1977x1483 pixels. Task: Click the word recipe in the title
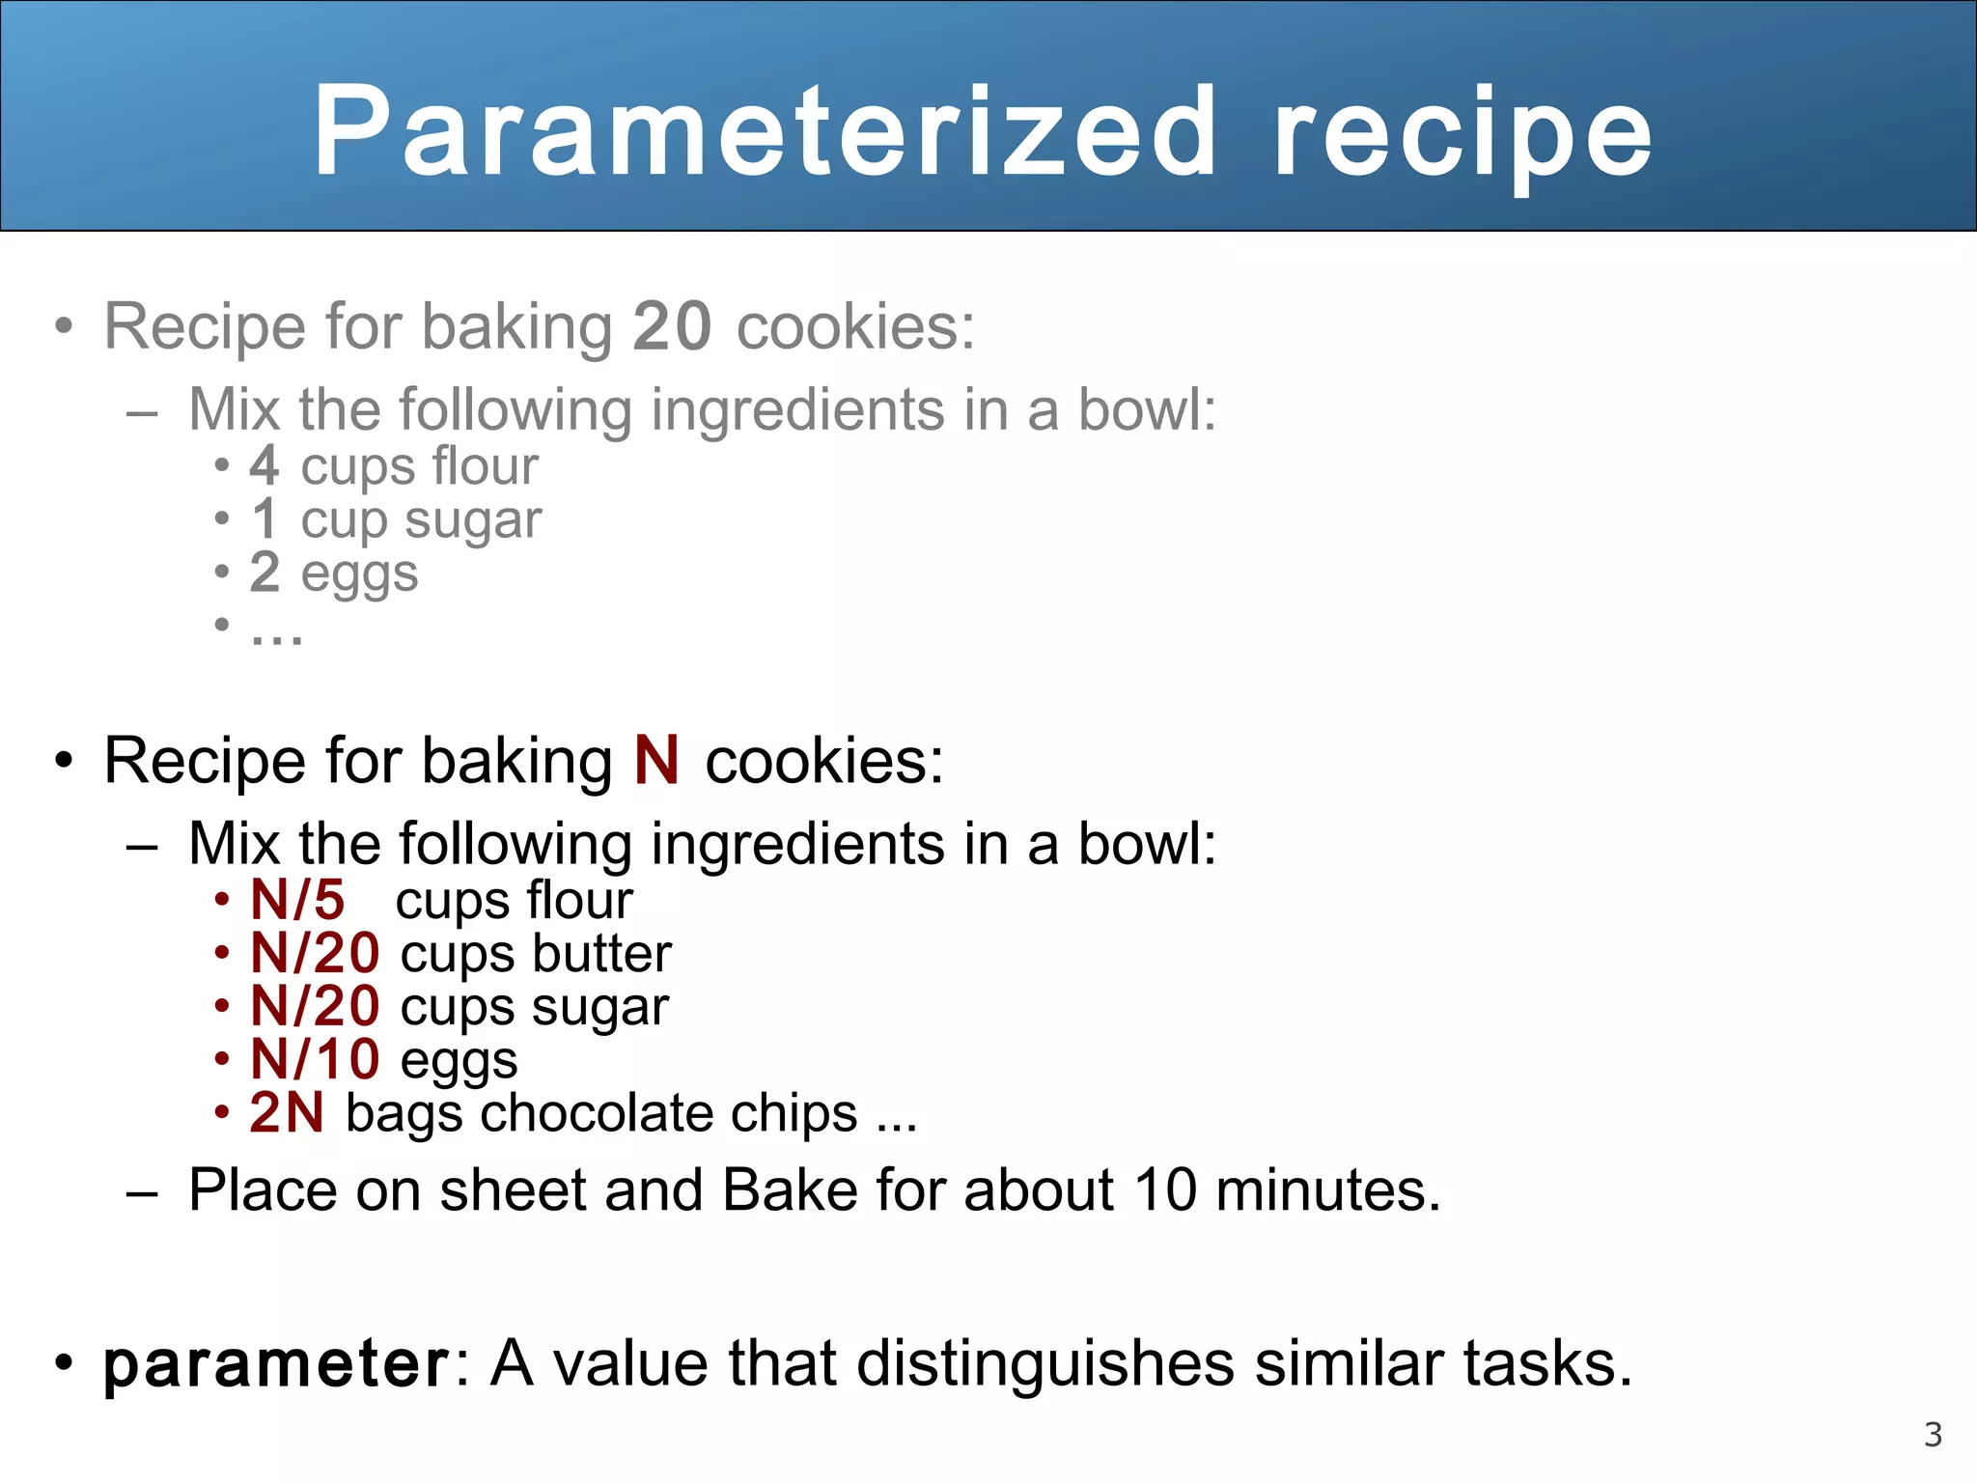coord(1462,135)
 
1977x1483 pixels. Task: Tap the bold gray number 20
coord(672,326)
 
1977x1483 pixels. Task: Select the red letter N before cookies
coord(656,761)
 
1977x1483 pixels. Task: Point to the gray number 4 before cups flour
coord(265,466)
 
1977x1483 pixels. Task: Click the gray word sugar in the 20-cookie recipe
coord(473,521)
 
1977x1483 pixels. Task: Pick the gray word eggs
coord(359,574)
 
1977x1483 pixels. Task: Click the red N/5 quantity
coord(297,901)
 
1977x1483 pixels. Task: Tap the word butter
coord(601,954)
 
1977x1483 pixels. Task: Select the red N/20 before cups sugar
coord(315,1007)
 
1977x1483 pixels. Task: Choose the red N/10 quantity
coord(315,1059)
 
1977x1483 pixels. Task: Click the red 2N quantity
coord(287,1112)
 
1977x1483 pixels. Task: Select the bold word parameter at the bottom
coord(276,1365)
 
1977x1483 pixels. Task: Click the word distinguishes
coord(1045,1364)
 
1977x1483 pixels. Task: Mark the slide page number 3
coord(1933,1435)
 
